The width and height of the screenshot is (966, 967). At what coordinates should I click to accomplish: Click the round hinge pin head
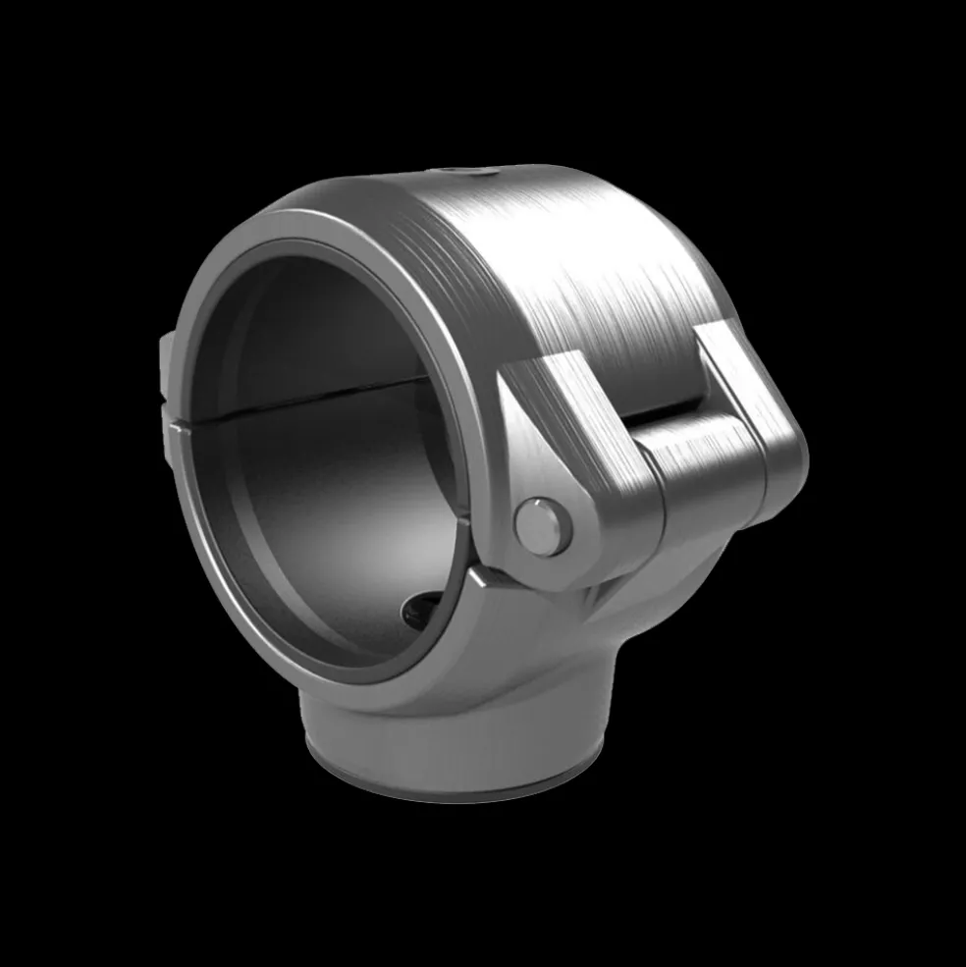point(543,526)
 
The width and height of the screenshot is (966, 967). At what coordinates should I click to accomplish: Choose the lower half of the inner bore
point(324,510)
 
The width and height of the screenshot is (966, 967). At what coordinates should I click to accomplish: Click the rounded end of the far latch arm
point(785,461)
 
